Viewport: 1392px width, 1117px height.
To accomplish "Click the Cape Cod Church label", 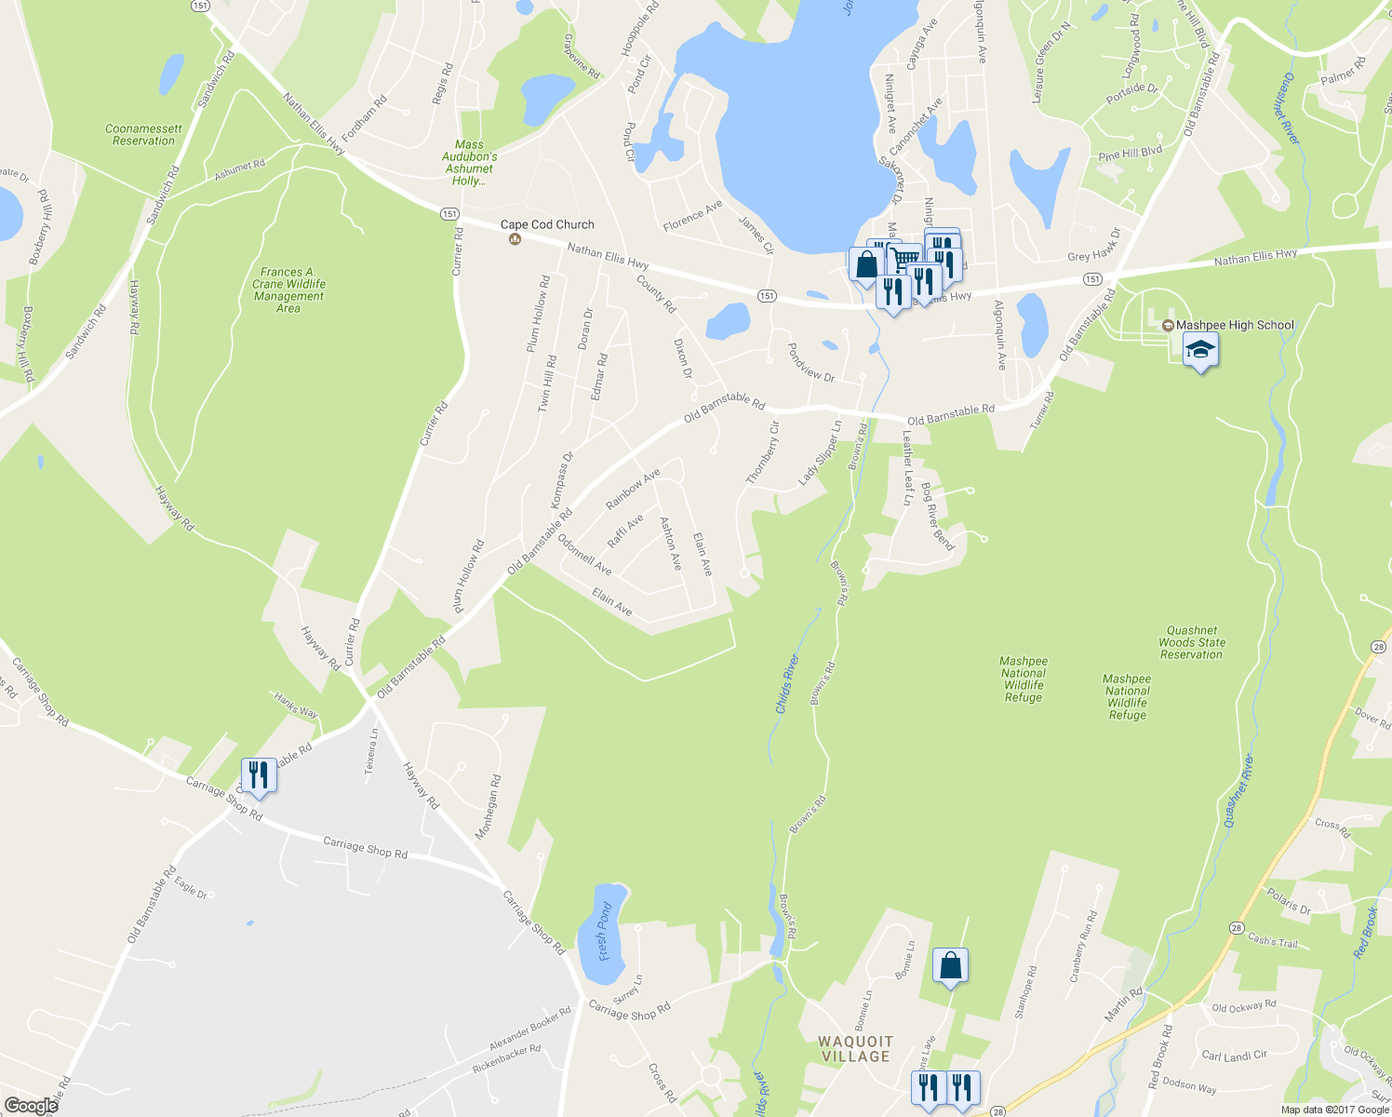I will pos(547,224).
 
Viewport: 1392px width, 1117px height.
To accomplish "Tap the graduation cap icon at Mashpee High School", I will pos(1200,351).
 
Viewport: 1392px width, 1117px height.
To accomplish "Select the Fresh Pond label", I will pos(605,931).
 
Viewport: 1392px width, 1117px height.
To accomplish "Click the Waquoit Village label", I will pos(855,1049).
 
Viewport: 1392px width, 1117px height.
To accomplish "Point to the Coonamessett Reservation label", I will pos(143,135).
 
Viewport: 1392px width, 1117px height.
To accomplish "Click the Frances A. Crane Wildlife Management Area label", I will pos(288,289).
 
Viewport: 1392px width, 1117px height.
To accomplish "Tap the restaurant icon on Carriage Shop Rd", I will pos(259,774).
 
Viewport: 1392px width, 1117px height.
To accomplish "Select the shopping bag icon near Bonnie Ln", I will pos(950,965).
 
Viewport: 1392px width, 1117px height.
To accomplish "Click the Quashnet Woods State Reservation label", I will pos(1192,642).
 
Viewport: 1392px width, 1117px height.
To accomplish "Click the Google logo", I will pos(31,1106).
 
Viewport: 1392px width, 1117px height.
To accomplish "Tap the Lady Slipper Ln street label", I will pos(820,453).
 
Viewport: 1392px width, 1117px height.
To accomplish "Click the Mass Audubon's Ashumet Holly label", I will pos(469,163).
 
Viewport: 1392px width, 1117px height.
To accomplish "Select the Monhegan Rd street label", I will pos(489,807).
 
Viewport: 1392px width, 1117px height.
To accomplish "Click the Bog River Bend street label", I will pos(937,517).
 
